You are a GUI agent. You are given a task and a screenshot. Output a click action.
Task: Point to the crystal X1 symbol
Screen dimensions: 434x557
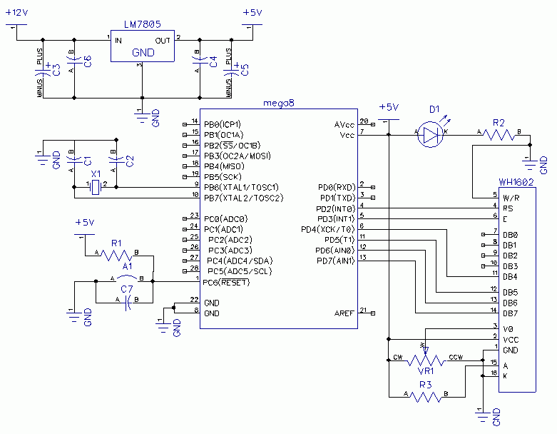click(96, 187)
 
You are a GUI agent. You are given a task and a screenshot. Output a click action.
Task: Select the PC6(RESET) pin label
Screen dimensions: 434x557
click(228, 282)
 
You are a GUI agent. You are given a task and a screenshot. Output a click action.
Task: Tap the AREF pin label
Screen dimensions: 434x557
click(344, 313)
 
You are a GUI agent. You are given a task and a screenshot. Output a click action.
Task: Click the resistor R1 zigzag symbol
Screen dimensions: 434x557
click(116, 255)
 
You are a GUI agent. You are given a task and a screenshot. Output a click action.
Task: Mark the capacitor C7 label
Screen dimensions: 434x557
click(127, 288)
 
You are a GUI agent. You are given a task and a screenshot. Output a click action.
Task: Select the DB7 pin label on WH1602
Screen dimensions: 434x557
click(510, 313)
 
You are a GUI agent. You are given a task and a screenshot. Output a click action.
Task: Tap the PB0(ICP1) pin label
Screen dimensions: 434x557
click(222, 123)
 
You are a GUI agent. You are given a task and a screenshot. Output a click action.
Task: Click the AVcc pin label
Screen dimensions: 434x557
click(344, 123)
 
